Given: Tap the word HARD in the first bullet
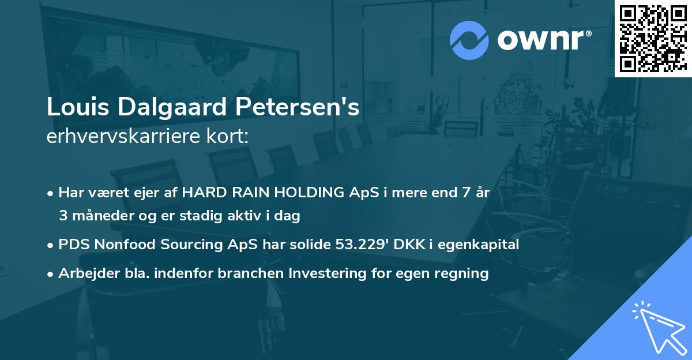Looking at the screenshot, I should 200,193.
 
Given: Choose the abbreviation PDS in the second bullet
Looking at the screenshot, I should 72,245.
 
